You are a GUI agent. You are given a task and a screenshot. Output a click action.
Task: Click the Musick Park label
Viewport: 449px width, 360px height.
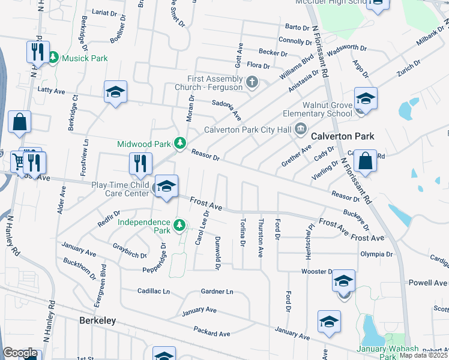(x=85, y=58)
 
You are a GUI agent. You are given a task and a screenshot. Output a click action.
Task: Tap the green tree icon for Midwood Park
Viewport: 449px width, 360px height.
(x=179, y=143)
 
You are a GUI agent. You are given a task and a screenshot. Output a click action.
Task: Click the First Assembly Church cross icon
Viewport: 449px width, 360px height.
(x=252, y=82)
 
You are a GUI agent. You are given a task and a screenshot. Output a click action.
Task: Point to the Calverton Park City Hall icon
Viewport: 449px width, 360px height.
(x=300, y=129)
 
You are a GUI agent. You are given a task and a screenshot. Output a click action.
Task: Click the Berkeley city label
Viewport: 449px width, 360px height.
(x=97, y=321)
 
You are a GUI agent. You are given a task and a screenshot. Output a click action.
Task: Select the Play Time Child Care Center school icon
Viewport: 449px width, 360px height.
(x=166, y=186)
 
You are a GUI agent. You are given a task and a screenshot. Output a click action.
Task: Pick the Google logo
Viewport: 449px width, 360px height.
(x=20, y=353)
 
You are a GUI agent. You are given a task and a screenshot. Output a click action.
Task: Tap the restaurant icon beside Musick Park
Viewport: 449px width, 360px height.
(x=38, y=52)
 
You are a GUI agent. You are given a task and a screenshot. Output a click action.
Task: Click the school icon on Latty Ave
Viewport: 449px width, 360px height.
(x=115, y=92)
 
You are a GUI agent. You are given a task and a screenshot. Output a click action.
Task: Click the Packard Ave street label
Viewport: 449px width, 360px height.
(x=212, y=332)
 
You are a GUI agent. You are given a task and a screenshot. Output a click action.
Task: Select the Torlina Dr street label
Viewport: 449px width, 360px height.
(x=243, y=232)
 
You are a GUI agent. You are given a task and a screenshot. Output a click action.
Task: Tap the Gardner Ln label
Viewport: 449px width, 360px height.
(x=217, y=292)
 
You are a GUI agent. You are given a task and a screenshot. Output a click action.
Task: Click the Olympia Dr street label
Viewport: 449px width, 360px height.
(x=376, y=254)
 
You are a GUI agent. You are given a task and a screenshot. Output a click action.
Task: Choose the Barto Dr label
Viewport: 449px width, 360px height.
(x=297, y=28)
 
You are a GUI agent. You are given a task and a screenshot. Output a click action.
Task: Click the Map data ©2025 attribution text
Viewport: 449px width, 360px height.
(x=424, y=355)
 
